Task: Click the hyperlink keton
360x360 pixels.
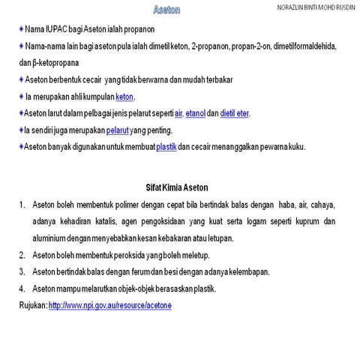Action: coord(124,97)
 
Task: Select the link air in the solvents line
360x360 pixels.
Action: coord(178,113)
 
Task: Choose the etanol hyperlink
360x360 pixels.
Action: coord(196,113)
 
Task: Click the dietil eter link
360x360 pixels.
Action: coord(235,113)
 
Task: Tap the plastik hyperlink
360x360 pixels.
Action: coord(166,146)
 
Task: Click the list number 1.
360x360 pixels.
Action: coord(23,204)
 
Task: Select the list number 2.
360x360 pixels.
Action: coord(23,255)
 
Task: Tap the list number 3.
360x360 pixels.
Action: coord(23,271)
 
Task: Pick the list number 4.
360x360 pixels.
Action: coord(23,289)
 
